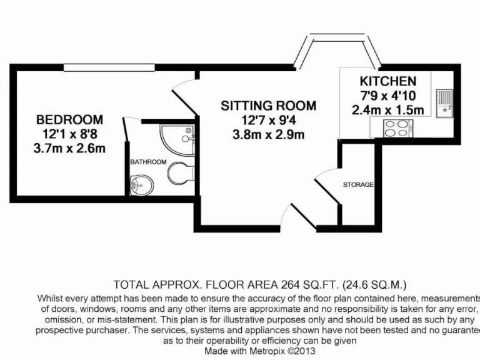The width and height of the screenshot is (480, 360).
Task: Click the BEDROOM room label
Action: (69, 119)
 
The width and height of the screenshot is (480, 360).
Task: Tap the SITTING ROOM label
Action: (268, 106)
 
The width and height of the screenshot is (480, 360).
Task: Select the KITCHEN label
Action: (387, 81)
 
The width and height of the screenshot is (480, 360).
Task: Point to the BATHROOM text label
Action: (148, 162)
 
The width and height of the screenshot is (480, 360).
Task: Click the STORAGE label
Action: (358, 185)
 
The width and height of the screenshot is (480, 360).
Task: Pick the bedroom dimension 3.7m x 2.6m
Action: (69, 148)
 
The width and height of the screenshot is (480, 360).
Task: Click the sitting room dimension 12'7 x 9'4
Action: (268, 120)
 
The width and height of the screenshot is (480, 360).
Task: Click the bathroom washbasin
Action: (141, 184)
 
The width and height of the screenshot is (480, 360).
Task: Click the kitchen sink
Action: (444, 104)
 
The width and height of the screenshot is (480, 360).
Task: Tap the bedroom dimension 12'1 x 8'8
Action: (69, 134)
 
